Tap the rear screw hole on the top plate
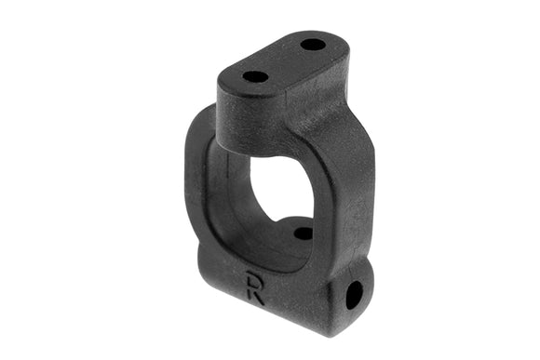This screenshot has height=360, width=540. click(314, 44)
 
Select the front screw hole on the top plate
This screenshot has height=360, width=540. click(255, 76)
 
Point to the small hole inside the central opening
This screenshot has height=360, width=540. click(304, 233)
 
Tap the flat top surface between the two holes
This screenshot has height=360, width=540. click(285, 60)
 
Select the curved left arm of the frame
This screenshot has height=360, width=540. click(198, 186)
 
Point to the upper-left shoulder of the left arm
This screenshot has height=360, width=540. click(200, 121)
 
